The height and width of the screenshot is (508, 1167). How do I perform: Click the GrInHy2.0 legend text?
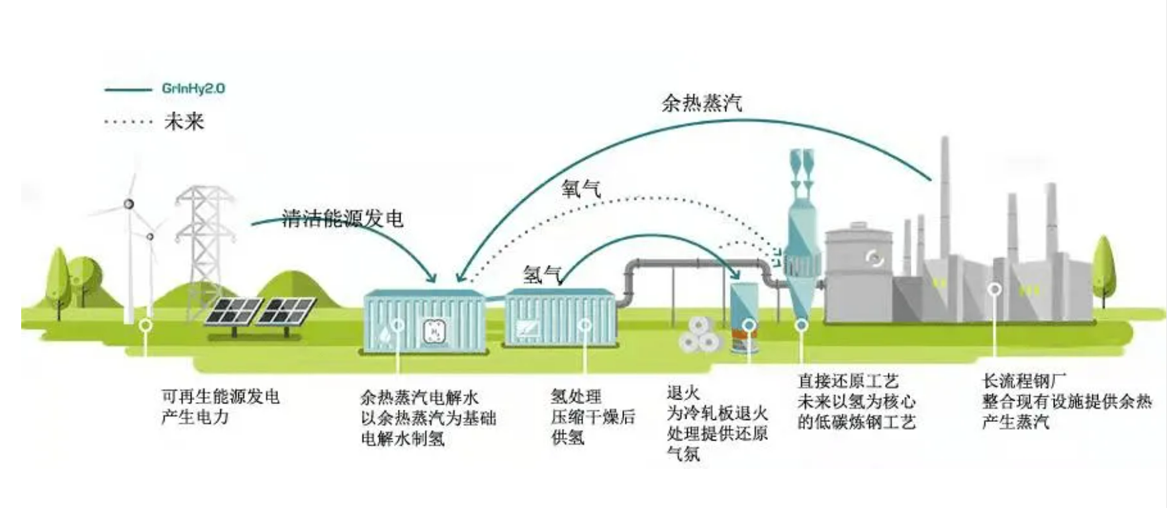pyautogui.click(x=193, y=89)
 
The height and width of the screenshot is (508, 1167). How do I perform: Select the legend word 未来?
pyautogui.click(x=184, y=122)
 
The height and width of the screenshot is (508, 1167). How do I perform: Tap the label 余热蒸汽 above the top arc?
pyautogui.click(x=702, y=103)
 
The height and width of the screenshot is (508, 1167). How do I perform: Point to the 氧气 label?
pyautogui.click(x=581, y=189)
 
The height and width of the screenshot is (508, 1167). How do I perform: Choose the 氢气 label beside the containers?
pyautogui.click(x=542, y=275)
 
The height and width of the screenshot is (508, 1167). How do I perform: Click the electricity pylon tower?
pyautogui.click(x=205, y=245)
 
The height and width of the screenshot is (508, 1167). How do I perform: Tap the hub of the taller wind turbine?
pyautogui.click(x=129, y=204)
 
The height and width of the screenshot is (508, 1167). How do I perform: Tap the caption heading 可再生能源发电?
pyautogui.click(x=221, y=397)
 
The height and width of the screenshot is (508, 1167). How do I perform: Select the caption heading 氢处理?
pyautogui.click(x=576, y=397)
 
